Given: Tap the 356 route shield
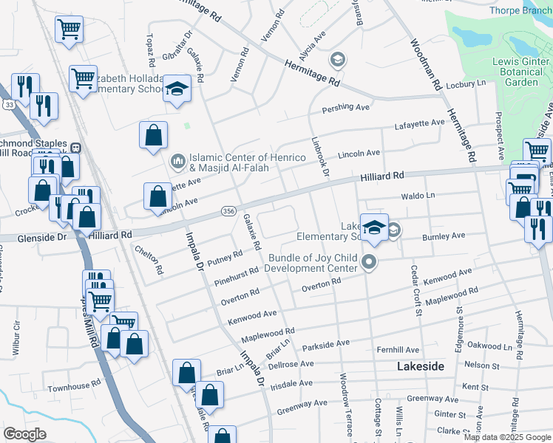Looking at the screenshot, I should coord(228,212).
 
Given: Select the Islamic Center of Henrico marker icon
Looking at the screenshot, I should coord(178,160).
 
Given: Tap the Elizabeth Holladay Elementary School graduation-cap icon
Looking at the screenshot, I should coord(177,89).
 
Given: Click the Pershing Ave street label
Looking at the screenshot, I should coord(345,108).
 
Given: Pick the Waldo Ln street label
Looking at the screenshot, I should coord(418,196).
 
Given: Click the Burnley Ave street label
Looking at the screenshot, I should coord(444,237).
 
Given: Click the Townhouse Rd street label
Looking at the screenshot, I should coord(74,386).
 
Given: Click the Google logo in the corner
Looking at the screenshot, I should coord(24,434).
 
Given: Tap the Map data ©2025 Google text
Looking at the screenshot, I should coord(507,437).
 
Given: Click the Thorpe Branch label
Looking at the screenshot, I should coord(520,10).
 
